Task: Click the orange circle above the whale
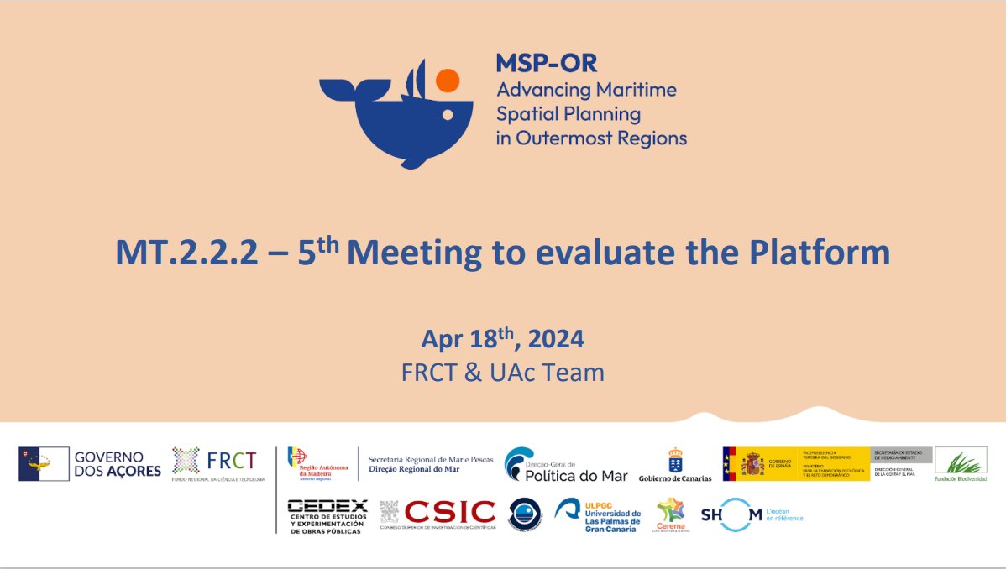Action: pyautogui.click(x=448, y=81)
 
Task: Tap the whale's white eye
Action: pyautogui.click(x=448, y=113)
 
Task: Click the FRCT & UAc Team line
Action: pyautogui.click(x=502, y=372)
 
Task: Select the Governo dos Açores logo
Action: pyautogui.click(x=90, y=464)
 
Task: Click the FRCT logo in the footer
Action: pyautogui.click(x=218, y=464)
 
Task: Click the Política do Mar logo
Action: pyautogui.click(x=565, y=465)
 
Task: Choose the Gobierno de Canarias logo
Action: pyautogui.click(x=674, y=465)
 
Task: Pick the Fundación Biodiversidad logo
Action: pyautogui.click(x=961, y=464)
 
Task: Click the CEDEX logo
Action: pyautogui.click(x=327, y=515)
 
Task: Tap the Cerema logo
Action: pyautogui.click(x=671, y=514)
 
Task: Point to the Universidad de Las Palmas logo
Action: pyautogui.click(x=598, y=515)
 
